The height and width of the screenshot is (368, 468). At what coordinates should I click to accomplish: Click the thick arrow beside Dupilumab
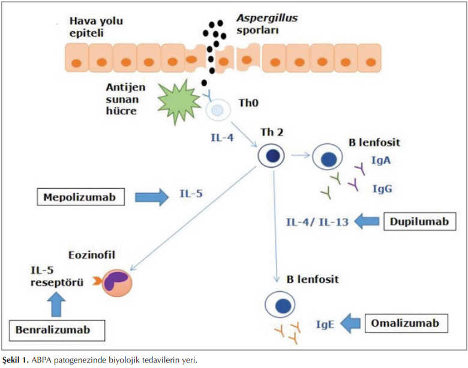pyautogui.click(x=368, y=222)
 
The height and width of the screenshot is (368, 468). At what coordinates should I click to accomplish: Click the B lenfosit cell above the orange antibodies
pyautogui.click(x=280, y=305)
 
